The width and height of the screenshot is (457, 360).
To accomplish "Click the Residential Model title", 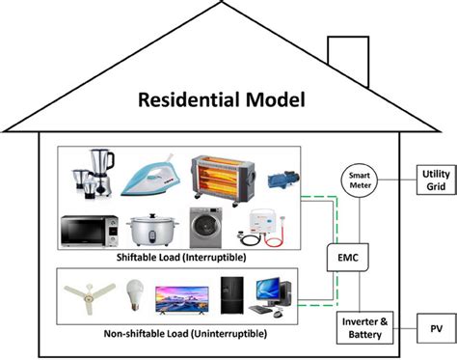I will point(221,99).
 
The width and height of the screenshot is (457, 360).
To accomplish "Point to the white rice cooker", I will point(150,230).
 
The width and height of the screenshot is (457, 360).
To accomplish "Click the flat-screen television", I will point(183,296).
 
